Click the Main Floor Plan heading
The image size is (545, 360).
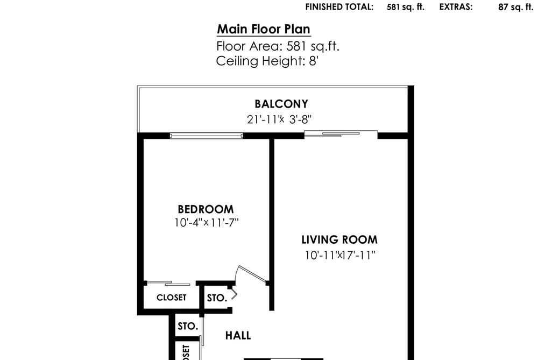point(264,29)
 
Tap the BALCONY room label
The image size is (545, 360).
point(281,104)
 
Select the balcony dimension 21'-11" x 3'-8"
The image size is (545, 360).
point(279,119)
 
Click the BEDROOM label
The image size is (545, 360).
point(206,209)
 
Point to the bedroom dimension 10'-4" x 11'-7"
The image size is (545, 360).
point(207,222)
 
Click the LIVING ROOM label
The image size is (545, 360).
point(339,240)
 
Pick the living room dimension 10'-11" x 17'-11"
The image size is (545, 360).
point(340,256)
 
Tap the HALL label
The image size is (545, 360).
point(238,336)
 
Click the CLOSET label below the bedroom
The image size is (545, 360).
point(172,298)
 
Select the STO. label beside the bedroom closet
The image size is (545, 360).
point(217,298)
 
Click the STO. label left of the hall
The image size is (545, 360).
point(188,326)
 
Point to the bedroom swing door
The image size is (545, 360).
point(251,274)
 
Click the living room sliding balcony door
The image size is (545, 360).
point(341,134)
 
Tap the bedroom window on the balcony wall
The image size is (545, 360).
point(206,136)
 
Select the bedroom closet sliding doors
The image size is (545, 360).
point(168,283)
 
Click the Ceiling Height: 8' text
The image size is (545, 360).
point(267,61)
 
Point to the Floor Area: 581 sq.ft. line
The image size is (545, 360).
point(278,46)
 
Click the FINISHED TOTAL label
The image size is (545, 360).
point(339,7)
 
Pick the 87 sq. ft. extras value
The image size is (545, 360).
point(516,7)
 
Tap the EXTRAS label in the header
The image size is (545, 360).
point(456,7)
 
